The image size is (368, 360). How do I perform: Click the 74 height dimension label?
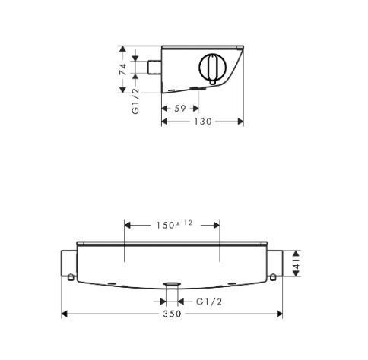click(123, 69)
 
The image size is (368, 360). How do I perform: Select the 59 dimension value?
click(180, 109)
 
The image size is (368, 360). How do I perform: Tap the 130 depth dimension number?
click(203, 122)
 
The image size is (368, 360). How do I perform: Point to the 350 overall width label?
click(172, 314)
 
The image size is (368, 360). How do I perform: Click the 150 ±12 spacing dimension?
click(174, 225)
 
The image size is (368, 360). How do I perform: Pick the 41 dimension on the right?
click(297, 264)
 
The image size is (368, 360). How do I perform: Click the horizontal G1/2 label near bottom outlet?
click(209, 302)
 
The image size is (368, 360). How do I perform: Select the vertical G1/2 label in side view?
click(135, 101)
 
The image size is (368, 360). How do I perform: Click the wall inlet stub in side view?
click(154, 68)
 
